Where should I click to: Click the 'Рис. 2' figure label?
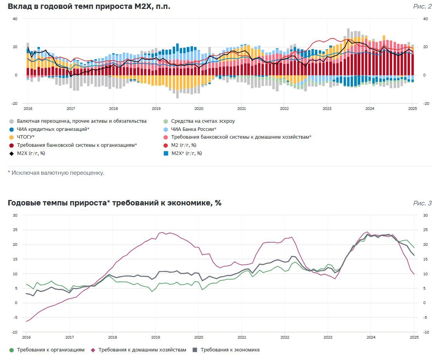coord(422,7)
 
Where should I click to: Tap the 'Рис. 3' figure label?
coord(422,203)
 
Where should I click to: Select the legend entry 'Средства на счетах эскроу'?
coord(199,121)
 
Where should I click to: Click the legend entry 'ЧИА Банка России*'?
coord(190,129)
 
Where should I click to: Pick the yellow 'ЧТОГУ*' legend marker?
coord(11,137)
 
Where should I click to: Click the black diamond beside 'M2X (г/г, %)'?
coord(11,153)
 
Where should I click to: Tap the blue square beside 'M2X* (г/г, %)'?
coord(166,153)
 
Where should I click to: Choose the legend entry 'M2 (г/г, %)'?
coord(180,145)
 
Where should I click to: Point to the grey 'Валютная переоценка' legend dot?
coord(11,121)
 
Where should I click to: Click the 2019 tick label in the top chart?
coord(156,109)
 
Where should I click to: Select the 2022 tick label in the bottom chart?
coord(285,337)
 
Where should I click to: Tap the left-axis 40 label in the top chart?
coord(15,19)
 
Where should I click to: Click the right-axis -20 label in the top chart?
coord(426,104)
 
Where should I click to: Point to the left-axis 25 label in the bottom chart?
coord(15,230)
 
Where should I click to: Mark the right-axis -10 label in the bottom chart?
coord(426,332)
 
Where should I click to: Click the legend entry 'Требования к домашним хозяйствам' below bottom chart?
coord(139,350)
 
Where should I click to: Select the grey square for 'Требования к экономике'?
coord(195,350)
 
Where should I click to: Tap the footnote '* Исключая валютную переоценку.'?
coord(56,173)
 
